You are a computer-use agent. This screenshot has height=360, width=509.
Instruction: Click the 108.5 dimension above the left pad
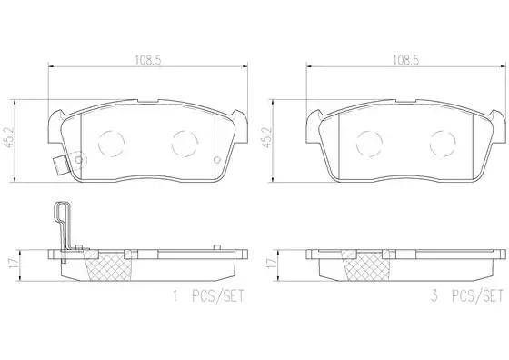(148, 60)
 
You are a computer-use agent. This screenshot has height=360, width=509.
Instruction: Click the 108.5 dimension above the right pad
(406, 60)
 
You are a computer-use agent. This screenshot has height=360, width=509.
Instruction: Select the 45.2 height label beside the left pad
(9, 137)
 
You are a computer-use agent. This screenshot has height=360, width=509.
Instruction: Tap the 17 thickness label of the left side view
(13, 264)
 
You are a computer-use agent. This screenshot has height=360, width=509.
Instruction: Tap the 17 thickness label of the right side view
(271, 264)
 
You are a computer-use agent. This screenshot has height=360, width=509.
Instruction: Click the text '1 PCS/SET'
(208, 296)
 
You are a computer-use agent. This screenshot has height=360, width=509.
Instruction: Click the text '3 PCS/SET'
(467, 296)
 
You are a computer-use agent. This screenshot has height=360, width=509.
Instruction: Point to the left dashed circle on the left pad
(111, 144)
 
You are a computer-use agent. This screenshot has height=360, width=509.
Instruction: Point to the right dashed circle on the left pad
(185, 144)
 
